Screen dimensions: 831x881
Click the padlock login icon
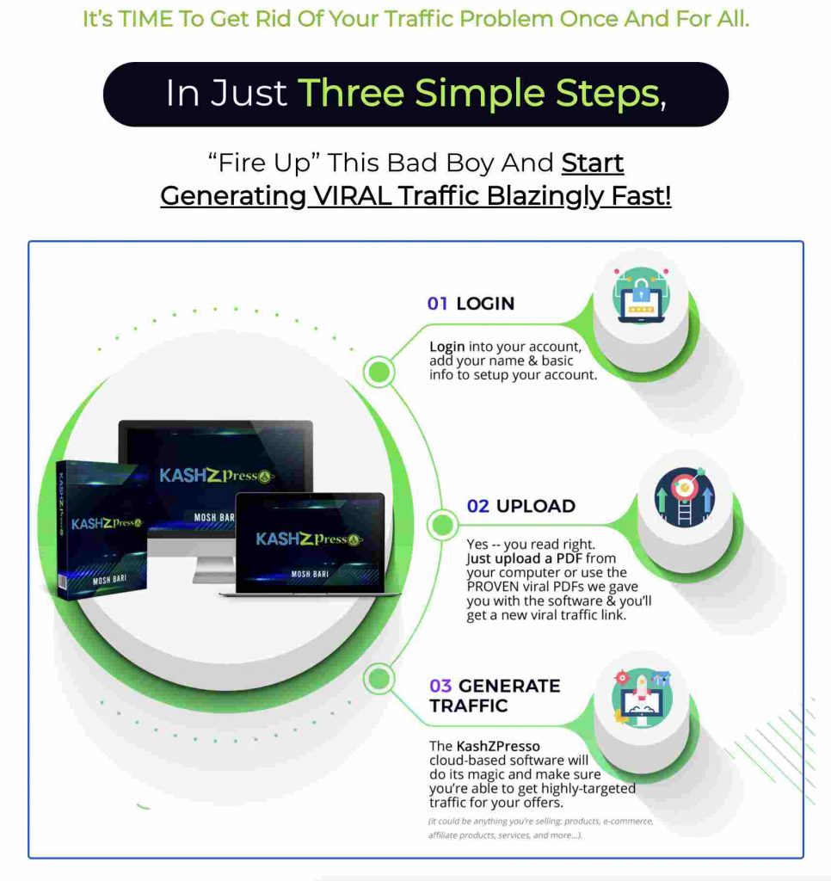tap(641, 296)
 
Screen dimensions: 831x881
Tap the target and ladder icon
tap(685, 496)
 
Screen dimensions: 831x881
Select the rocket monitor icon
tap(642, 698)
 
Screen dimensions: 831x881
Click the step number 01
tap(437, 304)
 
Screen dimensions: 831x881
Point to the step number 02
tap(478, 506)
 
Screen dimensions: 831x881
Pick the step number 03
tap(440, 686)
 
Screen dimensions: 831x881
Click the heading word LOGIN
tap(485, 304)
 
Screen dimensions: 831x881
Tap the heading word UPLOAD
tap(535, 506)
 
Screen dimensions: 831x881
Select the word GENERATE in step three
tap(509, 686)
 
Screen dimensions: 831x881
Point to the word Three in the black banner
tap(351, 93)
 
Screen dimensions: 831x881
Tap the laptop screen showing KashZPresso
tap(310, 542)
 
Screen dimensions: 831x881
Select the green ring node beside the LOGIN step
tap(379, 372)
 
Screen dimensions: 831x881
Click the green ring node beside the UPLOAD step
tap(443, 524)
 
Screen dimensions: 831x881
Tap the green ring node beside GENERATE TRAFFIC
tap(379, 678)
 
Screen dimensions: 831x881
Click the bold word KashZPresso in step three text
tap(498, 746)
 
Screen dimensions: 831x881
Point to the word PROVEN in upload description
tap(493, 587)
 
